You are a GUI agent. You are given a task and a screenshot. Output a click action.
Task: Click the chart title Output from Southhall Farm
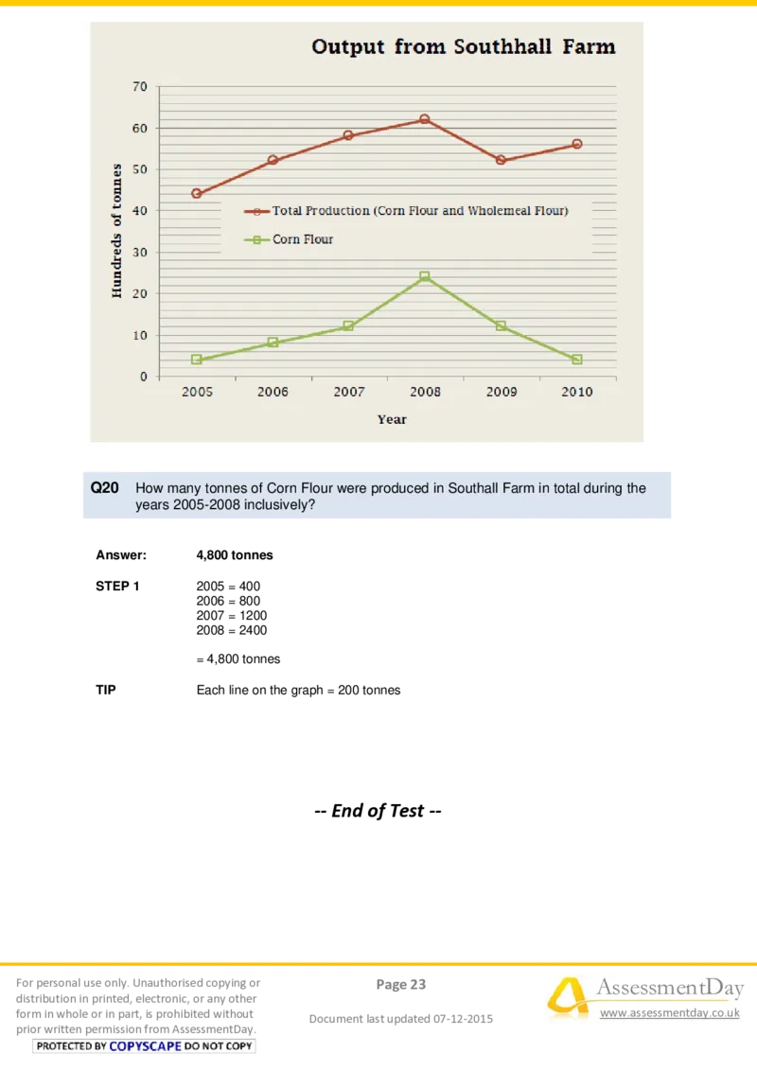464,46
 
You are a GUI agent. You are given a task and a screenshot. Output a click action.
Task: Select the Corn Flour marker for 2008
425,276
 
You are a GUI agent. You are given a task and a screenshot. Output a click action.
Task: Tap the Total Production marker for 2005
197,194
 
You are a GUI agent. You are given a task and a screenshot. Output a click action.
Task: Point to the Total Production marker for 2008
425,119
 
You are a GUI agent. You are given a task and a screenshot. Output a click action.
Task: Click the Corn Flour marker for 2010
577,360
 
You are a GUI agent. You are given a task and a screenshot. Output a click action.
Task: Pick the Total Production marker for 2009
501,161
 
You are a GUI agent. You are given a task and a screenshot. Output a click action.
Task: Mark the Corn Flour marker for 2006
273,342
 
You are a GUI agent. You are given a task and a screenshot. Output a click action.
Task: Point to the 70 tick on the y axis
140,86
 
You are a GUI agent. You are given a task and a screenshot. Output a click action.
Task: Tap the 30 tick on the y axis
140,253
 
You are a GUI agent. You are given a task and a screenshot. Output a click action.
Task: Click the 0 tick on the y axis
144,377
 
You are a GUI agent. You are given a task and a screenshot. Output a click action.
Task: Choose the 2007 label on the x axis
348,392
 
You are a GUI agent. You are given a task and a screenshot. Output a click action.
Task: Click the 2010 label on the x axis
577,392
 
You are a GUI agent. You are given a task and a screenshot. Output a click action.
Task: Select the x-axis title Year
392,419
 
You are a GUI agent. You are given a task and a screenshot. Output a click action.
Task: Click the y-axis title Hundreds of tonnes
117,231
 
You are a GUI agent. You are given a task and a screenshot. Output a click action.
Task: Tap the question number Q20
104,488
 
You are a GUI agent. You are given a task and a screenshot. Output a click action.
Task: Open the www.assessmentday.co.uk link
670,1013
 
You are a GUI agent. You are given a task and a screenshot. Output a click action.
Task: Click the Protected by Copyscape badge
144,1046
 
